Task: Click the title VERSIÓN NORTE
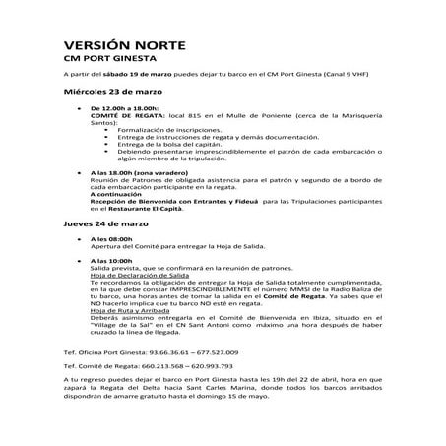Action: pos(121,45)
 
